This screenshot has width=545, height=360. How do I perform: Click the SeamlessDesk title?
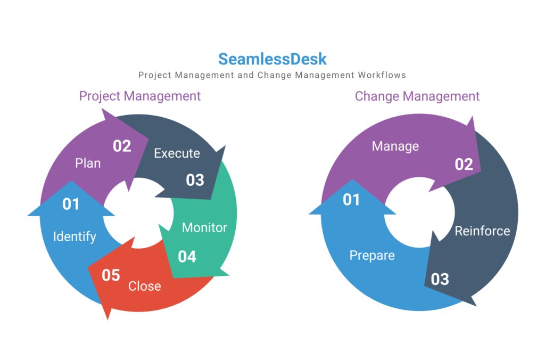[272, 59]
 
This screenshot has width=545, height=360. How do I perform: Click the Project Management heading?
[140, 96]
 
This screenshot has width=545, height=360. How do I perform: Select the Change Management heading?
[417, 96]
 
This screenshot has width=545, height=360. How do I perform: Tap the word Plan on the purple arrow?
[88, 163]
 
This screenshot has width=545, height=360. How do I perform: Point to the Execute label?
[177, 153]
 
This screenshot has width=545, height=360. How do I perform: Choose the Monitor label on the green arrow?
[204, 227]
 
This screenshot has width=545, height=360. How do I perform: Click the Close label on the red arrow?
[144, 286]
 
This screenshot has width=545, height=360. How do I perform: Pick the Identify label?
[75, 236]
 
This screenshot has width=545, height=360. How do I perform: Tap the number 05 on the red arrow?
[111, 275]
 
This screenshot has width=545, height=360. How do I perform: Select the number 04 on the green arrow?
[187, 257]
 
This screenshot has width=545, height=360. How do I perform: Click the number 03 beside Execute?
[195, 180]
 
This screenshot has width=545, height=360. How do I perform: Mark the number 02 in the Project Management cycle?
[122, 146]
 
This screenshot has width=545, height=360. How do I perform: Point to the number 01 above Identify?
[71, 204]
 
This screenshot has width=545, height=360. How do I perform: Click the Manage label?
[395, 146]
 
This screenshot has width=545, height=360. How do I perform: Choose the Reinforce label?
[482, 231]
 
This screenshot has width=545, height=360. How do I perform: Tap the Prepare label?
[372, 256]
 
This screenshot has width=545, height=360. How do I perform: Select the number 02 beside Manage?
[464, 165]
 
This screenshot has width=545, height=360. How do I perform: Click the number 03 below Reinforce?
[440, 279]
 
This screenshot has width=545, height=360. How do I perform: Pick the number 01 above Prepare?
[351, 200]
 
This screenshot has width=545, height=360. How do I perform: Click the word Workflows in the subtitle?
[384, 75]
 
